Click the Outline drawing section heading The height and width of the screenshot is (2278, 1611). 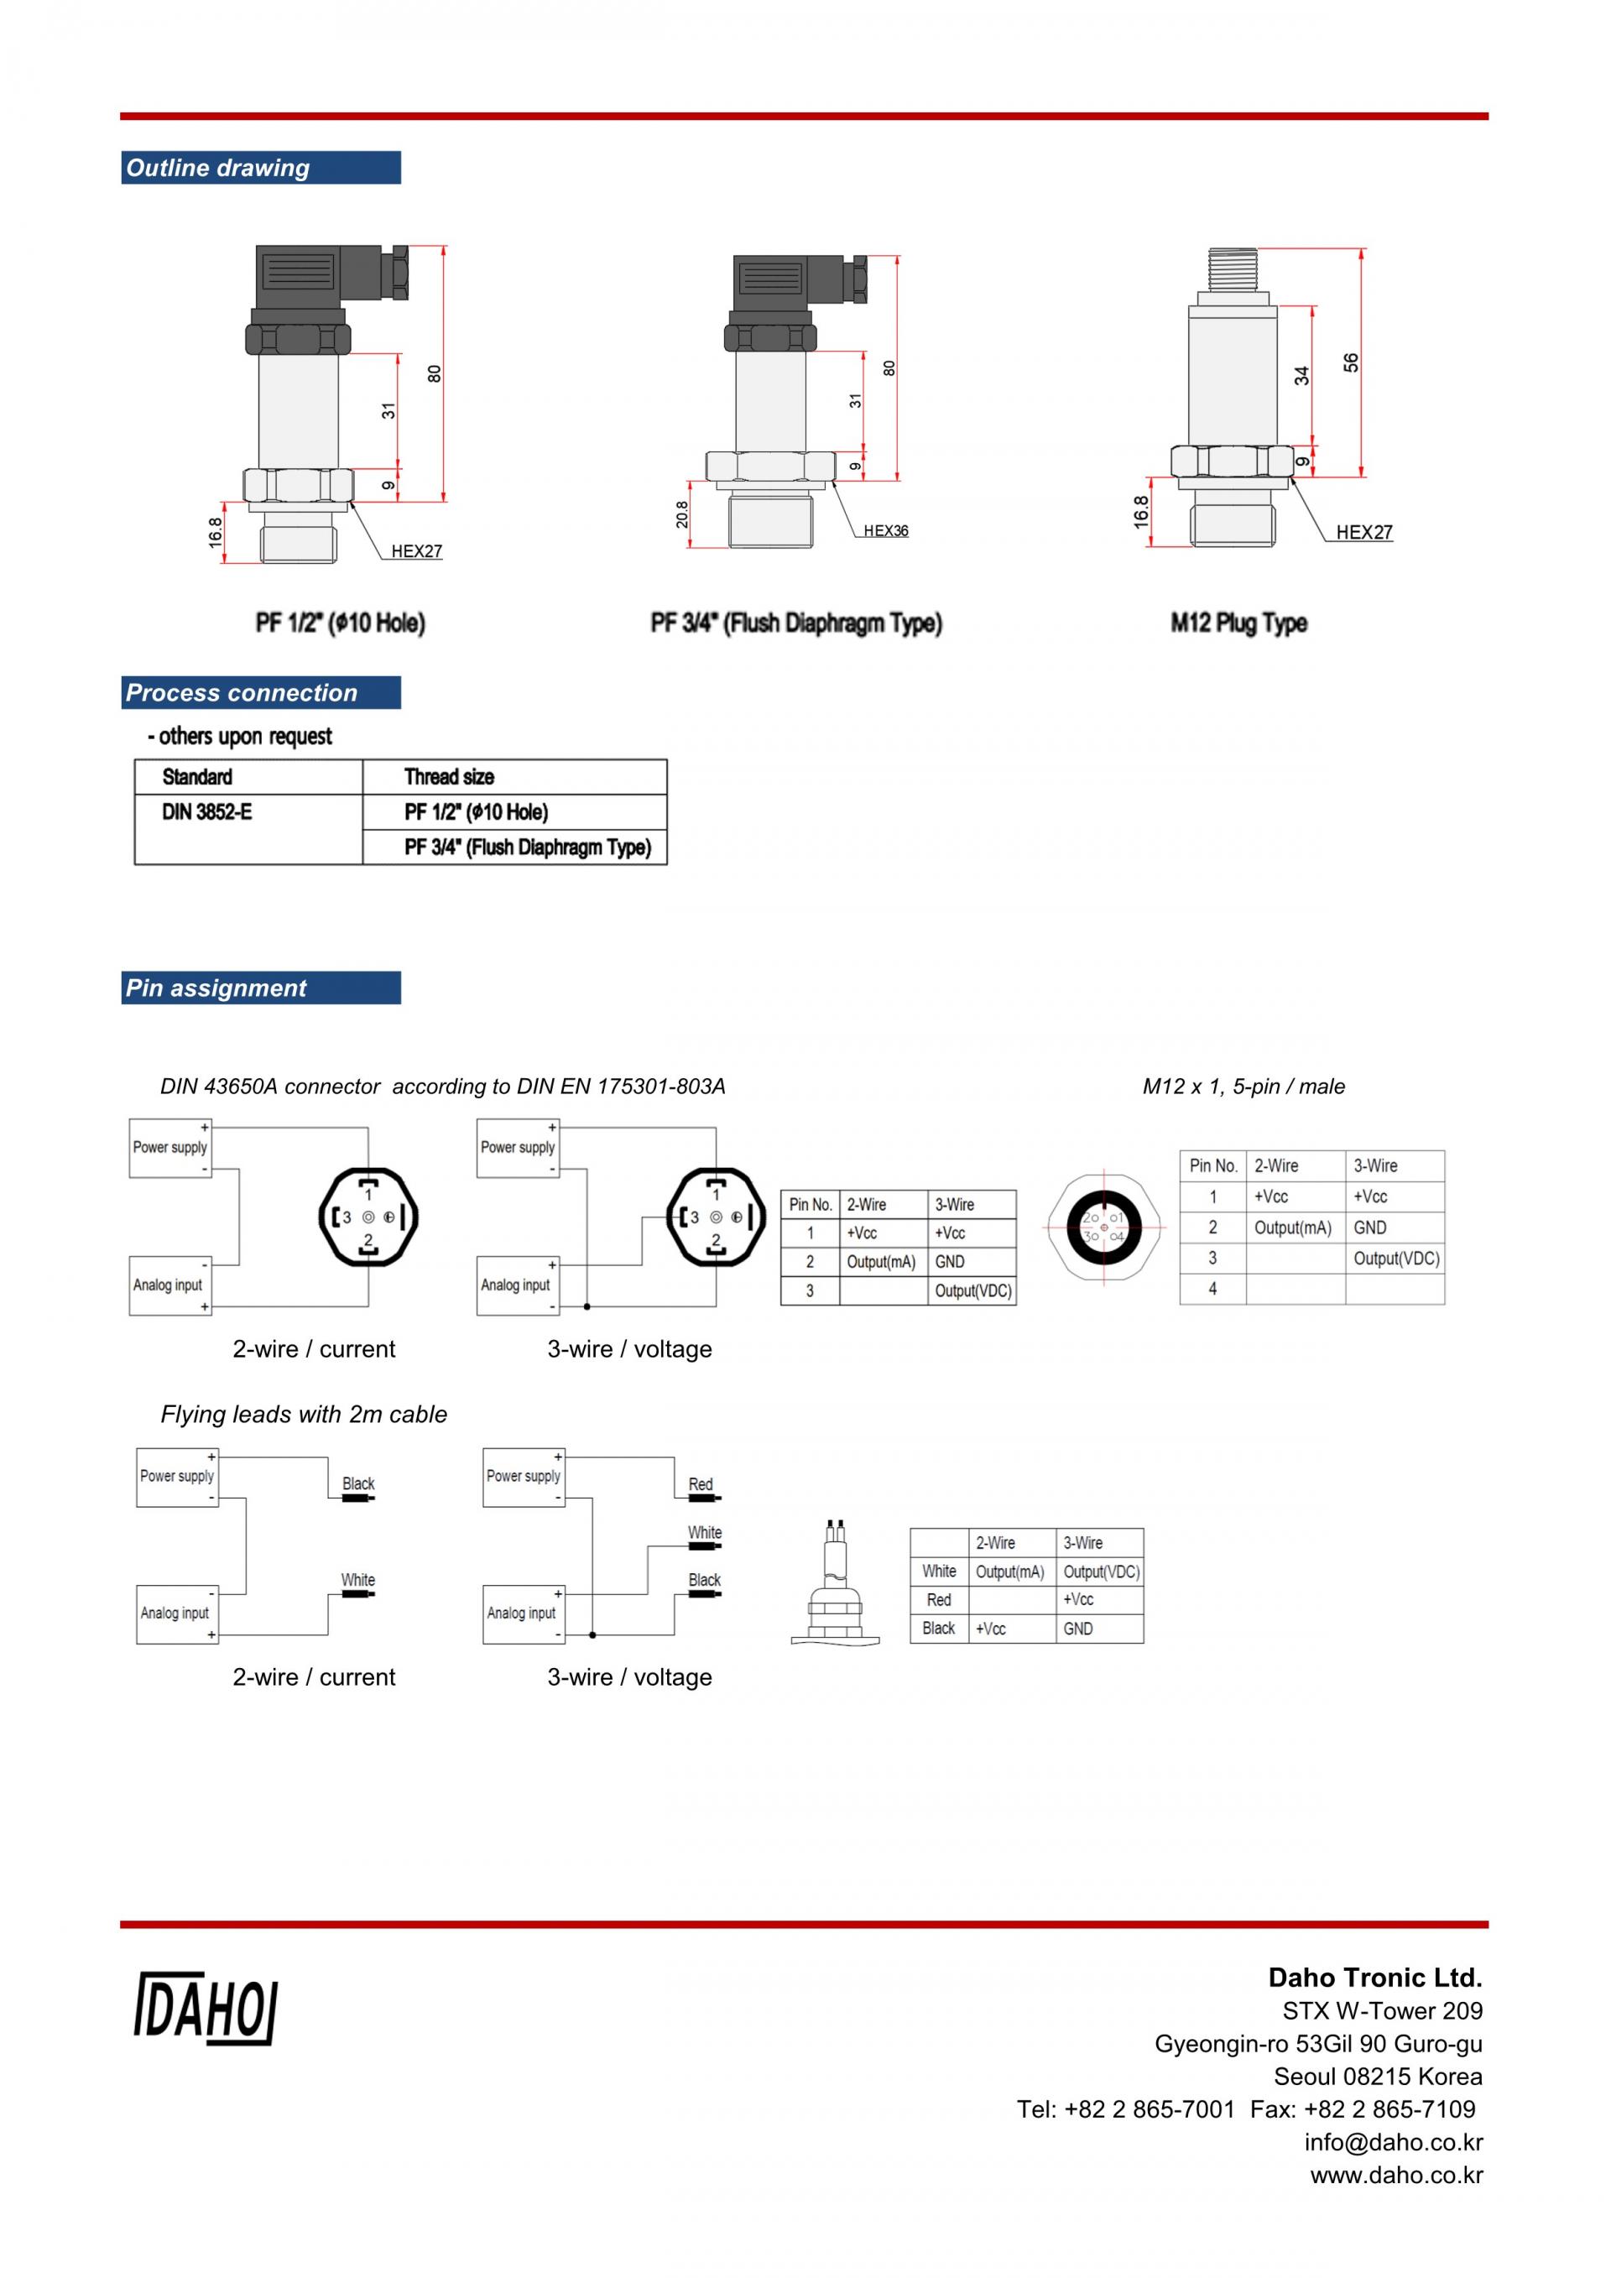[x=217, y=168]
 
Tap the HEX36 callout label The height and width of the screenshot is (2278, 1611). [x=885, y=531]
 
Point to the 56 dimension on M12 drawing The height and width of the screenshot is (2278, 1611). [x=1350, y=363]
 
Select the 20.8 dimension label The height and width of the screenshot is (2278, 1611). [x=681, y=514]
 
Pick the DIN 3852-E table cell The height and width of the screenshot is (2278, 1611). [x=206, y=812]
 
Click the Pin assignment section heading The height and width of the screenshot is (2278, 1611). [x=216, y=988]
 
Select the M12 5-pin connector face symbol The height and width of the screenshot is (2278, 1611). [x=1103, y=1228]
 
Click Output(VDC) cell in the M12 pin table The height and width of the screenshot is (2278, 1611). [x=1395, y=1258]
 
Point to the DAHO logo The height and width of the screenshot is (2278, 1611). [x=206, y=2008]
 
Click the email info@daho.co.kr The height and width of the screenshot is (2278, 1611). [x=1393, y=2142]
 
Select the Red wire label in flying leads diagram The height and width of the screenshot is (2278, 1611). [x=701, y=1484]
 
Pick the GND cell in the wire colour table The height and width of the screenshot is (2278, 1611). [x=1077, y=1629]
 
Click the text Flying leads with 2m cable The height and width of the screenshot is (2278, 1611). [x=304, y=1414]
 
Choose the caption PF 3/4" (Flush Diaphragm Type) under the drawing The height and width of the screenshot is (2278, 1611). [x=795, y=623]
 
